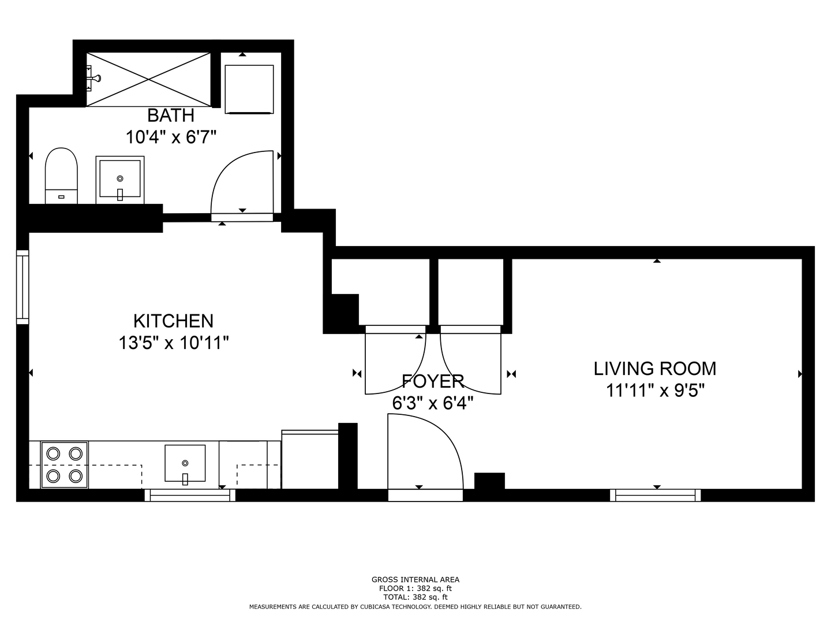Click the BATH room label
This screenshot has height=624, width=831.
click(x=170, y=115)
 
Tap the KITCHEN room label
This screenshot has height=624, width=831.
click(x=173, y=321)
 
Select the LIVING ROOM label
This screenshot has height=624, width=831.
click(x=654, y=369)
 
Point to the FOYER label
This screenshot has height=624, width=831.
click(x=433, y=381)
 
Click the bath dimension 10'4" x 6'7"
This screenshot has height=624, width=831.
click(x=171, y=137)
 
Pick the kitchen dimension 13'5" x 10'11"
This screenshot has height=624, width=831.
click(x=174, y=343)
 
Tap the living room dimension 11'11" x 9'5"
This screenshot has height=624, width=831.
click(x=655, y=390)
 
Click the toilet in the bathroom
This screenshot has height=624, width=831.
click(x=61, y=176)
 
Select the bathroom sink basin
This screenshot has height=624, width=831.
click(x=120, y=179)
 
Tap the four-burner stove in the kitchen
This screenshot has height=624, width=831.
click(x=65, y=465)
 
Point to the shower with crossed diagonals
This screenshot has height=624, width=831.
click(x=148, y=80)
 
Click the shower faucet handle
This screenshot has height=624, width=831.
click(x=95, y=79)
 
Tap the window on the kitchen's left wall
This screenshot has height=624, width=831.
click(x=23, y=287)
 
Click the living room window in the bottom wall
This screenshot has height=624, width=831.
click(x=656, y=495)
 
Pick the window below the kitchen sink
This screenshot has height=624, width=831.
click(x=190, y=495)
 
